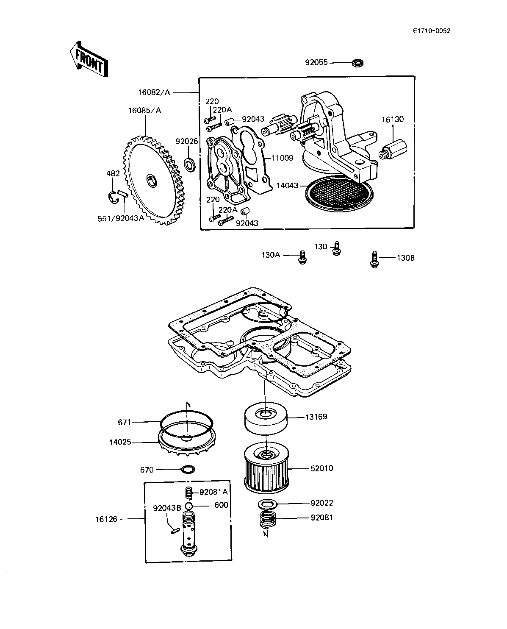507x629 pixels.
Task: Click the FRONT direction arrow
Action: coord(89,59)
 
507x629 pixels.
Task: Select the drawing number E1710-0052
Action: coord(431,31)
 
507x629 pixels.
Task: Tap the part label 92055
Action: coord(316,63)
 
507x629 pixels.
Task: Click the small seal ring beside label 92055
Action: coord(358,63)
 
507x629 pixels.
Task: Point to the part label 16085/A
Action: coord(144,111)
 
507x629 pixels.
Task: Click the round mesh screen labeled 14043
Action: coord(339,192)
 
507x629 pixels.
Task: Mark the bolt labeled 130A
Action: coord(302,257)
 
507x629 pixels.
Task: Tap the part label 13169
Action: coord(316,417)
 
